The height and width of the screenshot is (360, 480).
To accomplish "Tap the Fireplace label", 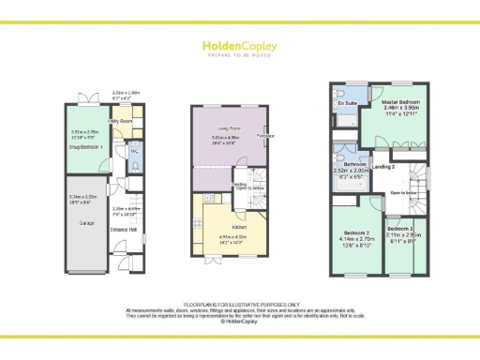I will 265,136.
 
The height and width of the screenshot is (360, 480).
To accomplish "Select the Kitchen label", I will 234,226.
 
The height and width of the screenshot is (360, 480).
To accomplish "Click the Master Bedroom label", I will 402,100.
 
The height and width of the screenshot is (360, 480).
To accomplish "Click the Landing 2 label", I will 383,167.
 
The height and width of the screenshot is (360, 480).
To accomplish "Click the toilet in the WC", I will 135,166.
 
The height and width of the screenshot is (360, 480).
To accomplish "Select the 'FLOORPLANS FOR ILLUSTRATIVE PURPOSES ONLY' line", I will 239,305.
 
